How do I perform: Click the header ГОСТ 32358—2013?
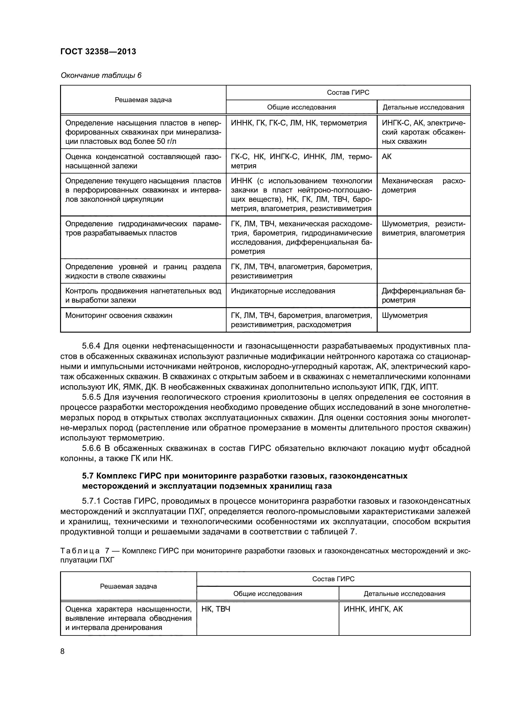pyautogui.click(x=98, y=51)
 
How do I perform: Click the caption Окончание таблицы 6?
pyautogui.click(x=101, y=75)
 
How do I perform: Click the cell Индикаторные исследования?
pyautogui.click(x=283, y=291)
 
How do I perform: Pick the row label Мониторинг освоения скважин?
pyautogui.click(x=119, y=315)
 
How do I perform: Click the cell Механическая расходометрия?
pyautogui.click(x=423, y=185)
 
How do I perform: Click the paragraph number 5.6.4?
pyautogui.click(x=91, y=346)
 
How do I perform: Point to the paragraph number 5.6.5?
pyautogui.click(x=91, y=397)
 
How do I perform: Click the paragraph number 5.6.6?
pyautogui.click(x=91, y=448)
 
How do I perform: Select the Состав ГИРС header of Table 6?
pyautogui.click(x=348, y=93)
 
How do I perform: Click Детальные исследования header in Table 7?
pyautogui.click(x=404, y=594)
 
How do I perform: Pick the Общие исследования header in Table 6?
pyautogui.click(x=301, y=107)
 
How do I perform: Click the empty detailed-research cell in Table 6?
pyautogui.click(x=423, y=271)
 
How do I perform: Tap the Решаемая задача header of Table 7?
pyautogui.click(x=128, y=586)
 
